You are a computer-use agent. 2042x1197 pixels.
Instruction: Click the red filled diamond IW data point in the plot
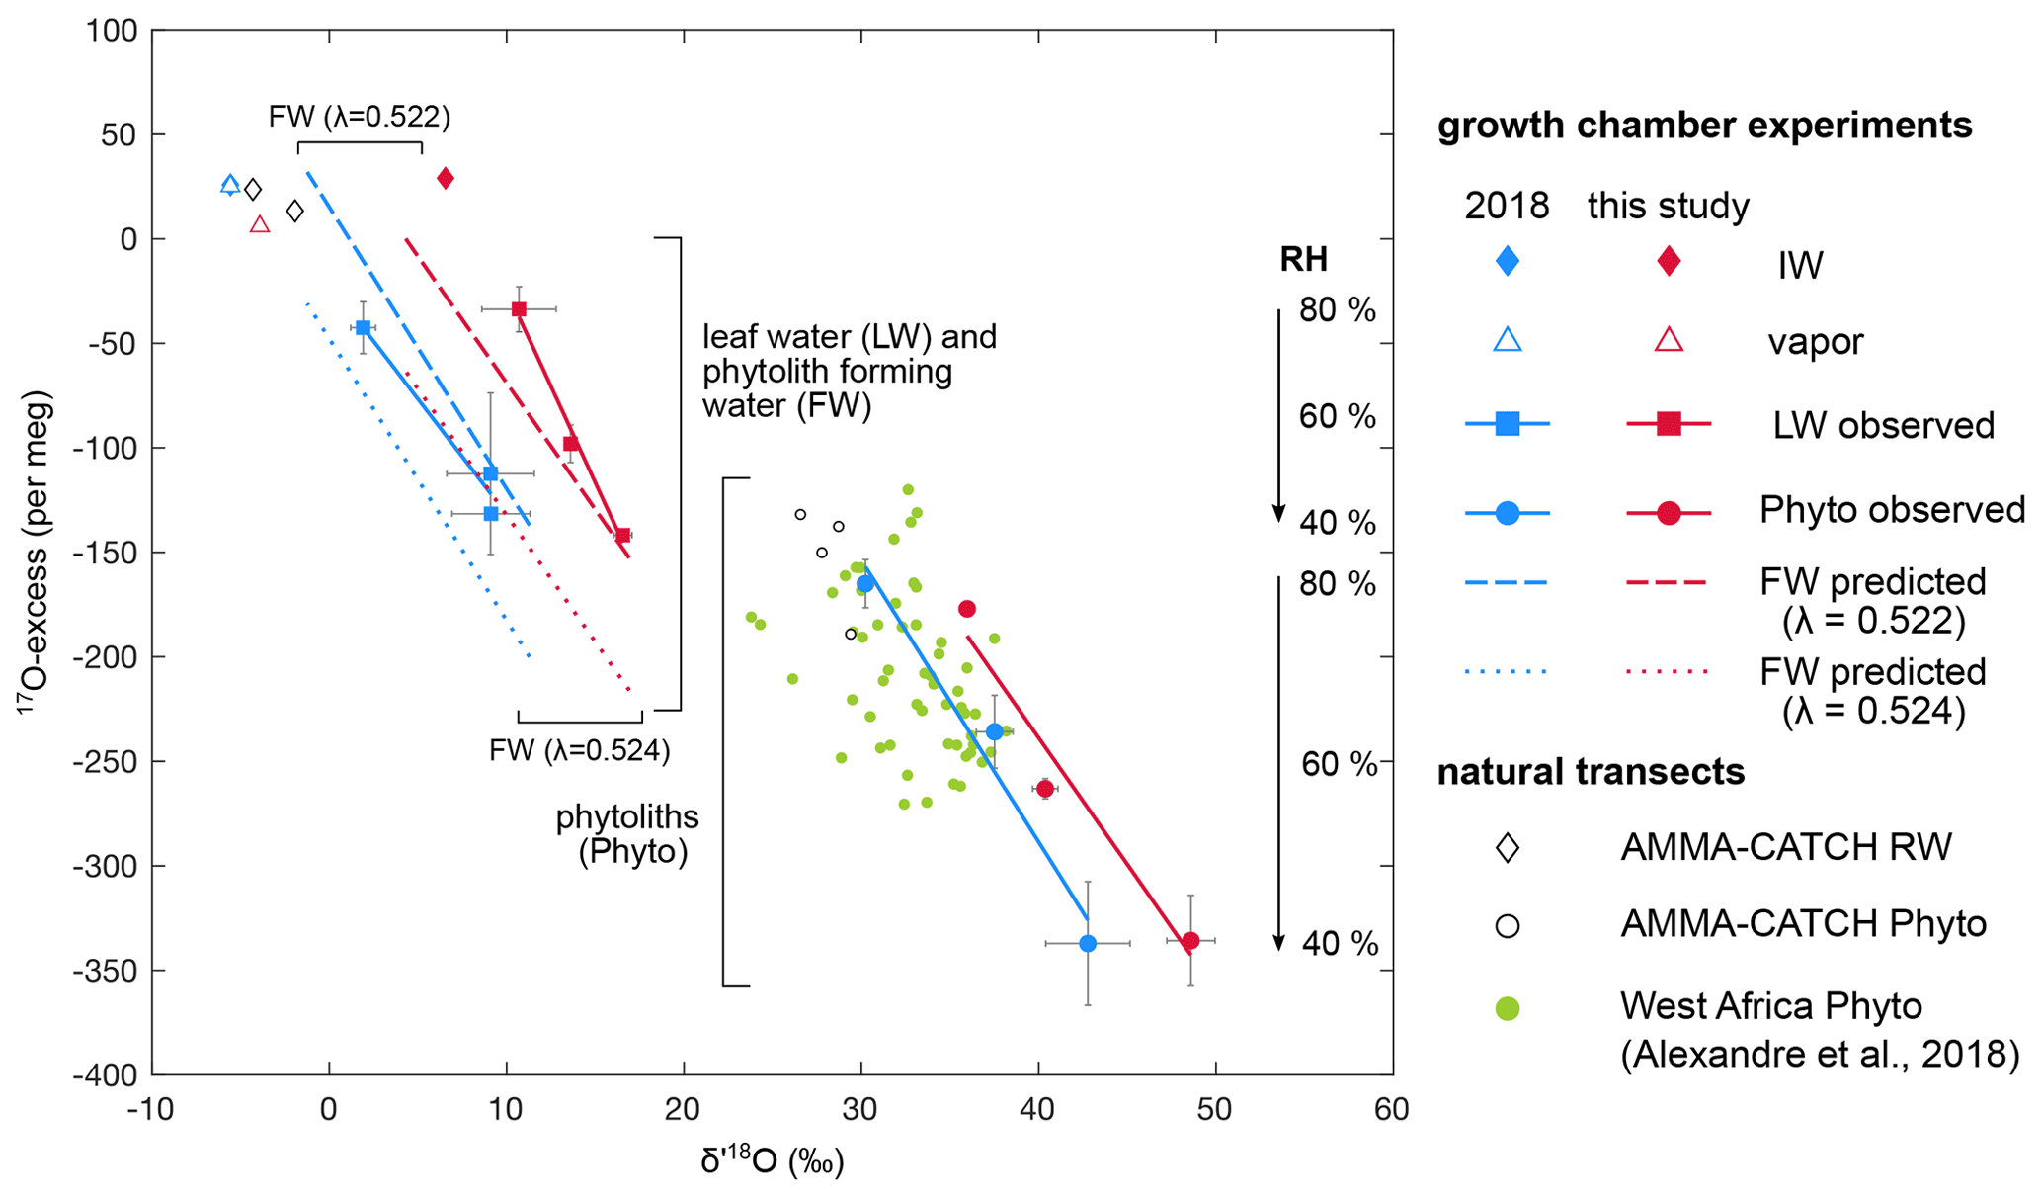point(446,178)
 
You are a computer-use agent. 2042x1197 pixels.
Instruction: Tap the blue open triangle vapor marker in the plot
point(230,185)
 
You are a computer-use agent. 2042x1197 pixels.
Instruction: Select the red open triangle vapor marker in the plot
point(260,224)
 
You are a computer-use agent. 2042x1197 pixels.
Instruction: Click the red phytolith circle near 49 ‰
point(1190,941)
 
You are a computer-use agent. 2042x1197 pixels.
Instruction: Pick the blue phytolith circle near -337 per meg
point(1088,944)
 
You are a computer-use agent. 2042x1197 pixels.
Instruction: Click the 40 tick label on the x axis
point(1037,1110)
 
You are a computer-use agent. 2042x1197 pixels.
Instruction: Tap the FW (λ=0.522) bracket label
point(360,118)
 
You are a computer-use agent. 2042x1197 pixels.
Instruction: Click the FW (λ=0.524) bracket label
point(580,751)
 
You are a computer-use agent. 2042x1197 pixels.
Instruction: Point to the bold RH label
point(1303,260)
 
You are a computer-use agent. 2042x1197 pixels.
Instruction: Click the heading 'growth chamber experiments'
point(1704,126)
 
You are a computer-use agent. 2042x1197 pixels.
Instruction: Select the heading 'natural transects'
point(1591,772)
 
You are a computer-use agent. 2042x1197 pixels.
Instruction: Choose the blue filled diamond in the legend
point(1508,262)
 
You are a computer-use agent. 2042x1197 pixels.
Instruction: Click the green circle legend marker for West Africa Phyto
point(1508,1009)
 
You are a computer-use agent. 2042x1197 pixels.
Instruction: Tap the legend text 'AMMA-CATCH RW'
point(1786,847)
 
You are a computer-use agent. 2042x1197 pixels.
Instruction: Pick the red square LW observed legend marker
point(1669,425)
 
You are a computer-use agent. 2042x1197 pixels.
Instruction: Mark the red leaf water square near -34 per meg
point(519,309)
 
